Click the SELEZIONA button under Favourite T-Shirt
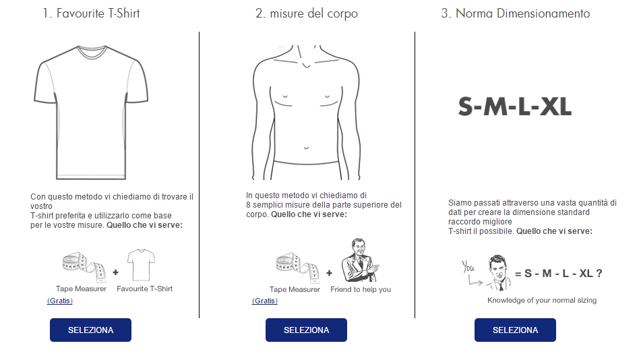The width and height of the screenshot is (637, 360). pos(90,330)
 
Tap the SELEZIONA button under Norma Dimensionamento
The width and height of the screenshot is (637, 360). pos(515,330)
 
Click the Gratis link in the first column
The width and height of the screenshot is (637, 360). pos(60,301)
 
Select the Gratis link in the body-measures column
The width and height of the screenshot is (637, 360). pos(265,301)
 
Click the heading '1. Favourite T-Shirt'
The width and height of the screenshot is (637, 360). pos(92,13)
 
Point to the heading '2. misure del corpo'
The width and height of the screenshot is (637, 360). pos(307,13)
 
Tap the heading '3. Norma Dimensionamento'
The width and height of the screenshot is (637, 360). pos(516,13)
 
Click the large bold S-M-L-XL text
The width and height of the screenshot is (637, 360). pos(515,107)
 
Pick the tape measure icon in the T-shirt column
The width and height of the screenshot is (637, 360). pos(84,266)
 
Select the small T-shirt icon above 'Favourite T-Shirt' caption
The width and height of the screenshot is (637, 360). pos(141,265)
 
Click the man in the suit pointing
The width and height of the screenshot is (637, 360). pos(360,260)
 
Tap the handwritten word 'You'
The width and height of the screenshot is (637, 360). pos(468,267)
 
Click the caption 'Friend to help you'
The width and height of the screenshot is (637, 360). pos(361,289)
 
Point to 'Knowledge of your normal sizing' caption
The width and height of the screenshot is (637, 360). pos(542,300)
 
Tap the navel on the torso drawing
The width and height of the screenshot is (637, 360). pos(306,148)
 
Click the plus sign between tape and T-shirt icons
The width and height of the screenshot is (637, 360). pos(116,272)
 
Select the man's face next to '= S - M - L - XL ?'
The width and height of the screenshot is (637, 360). pos(498,268)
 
